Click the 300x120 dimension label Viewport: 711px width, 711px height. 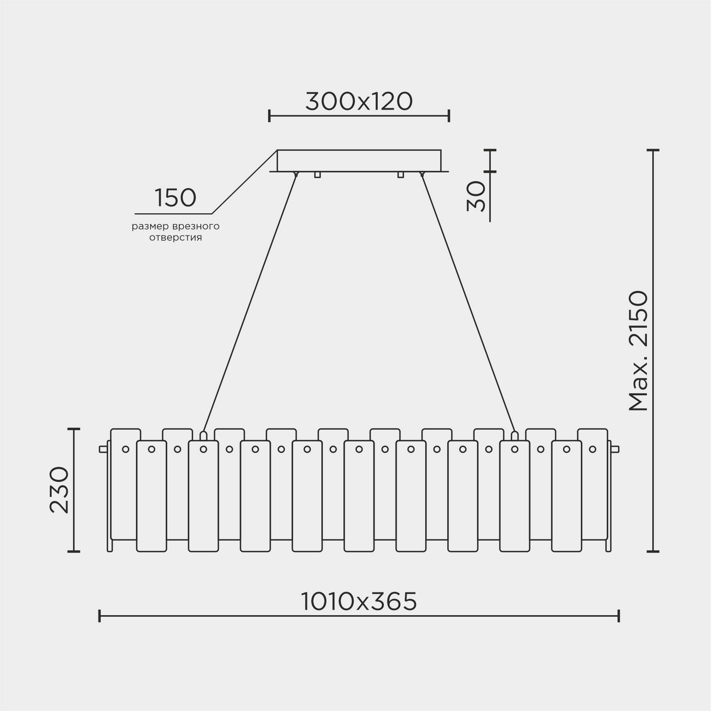[x=359, y=102]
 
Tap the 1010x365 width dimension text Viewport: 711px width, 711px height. [x=359, y=602]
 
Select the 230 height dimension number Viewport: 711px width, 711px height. [x=59, y=490]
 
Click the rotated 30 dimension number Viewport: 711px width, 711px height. [x=476, y=196]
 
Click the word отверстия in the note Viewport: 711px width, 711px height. [x=176, y=238]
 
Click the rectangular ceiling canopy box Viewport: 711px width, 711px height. [x=359, y=160]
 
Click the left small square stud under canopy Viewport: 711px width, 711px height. [x=317, y=175]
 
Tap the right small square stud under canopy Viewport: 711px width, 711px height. [x=400, y=175]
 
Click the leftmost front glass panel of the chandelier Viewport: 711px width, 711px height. [x=151, y=496]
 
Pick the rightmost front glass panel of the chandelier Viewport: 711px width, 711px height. [x=566, y=496]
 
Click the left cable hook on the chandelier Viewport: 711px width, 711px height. [x=203, y=436]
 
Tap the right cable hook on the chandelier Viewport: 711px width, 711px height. [x=514, y=436]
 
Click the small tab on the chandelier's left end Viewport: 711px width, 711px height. [x=103, y=449]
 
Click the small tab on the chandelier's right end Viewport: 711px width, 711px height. [x=615, y=449]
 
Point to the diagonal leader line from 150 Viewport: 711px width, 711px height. [x=244, y=182]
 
